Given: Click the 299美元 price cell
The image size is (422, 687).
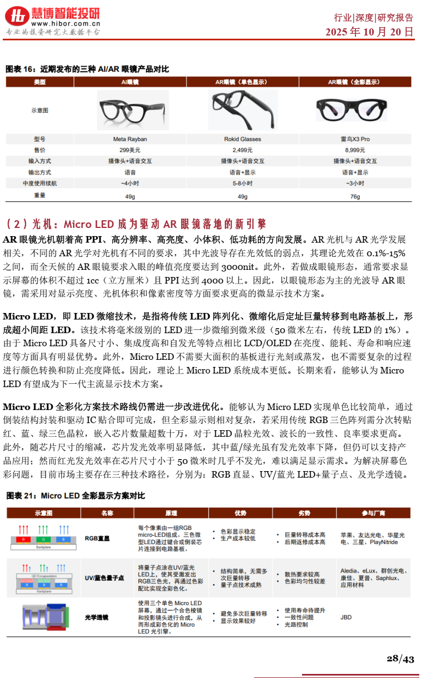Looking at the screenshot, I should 130,150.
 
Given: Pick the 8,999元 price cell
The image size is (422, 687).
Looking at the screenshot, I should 355,150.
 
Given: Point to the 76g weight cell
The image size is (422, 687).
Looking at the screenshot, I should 355,196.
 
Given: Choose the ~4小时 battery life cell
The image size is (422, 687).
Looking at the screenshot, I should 130,183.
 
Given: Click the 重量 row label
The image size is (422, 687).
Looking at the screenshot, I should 40,195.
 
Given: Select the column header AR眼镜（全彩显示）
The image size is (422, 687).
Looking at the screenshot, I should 355,82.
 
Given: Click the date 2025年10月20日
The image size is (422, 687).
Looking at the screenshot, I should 370,32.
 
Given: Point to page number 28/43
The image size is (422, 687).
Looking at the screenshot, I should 400,659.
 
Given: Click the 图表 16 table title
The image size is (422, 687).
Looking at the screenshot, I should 87,69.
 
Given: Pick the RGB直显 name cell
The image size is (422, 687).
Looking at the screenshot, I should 97,539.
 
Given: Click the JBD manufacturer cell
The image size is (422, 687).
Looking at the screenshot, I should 346,617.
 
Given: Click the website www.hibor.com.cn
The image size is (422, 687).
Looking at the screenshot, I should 65,23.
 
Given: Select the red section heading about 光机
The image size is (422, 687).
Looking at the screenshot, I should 136,224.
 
